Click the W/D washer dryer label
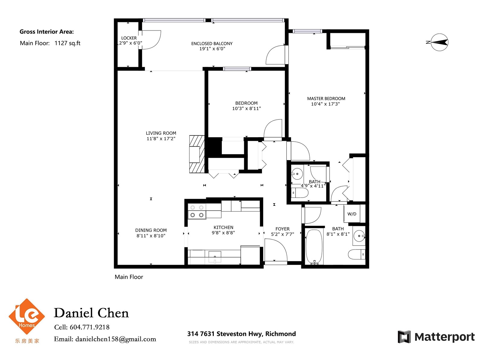(x=351, y=214)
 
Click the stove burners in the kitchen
(x=197, y=211)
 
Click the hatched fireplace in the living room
(x=197, y=154)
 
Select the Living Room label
(x=161, y=133)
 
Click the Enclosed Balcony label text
(x=212, y=43)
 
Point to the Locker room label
(x=129, y=38)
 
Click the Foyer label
(x=282, y=229)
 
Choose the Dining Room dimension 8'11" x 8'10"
(x=151, y=236)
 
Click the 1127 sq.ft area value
(x=67, y=43)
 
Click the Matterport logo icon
(x=404, y=337)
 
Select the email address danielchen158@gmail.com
(x=116, y=339)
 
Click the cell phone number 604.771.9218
(x=90, y=327)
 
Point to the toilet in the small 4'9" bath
(x=299, y=193)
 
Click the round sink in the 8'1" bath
(x=359, y=236)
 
